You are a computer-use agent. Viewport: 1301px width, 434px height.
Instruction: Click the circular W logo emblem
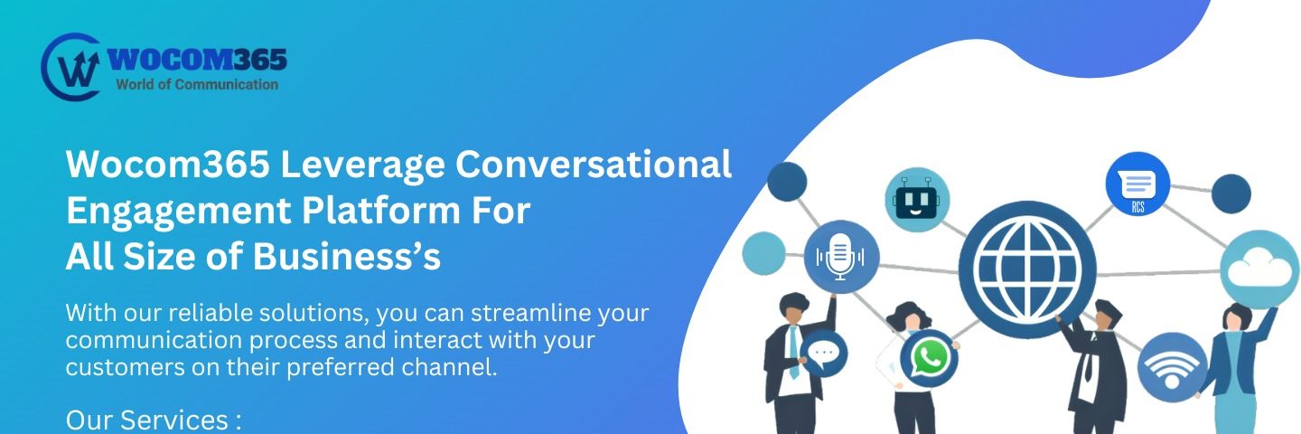pyautogui.click(x=70, y=67)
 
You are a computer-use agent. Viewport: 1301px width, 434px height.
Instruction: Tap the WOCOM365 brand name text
pyautogui.click(x=198, y=60)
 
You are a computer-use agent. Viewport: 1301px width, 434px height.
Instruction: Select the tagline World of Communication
pyautogui.click(x=197, y=85)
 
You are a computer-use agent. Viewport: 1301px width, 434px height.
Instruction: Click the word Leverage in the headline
pyautogui.click(x=362, y=165)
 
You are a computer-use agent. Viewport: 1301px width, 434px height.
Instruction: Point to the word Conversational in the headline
pyautogui.click(x=593, y=164)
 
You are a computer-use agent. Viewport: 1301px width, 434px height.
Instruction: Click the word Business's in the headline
pyautogui.click(x=346, y=256)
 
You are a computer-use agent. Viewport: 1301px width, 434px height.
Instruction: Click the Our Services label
pyautogui.click(x=154, y=420)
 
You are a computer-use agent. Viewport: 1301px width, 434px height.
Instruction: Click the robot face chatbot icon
pyautogui.click(x=916, y=199)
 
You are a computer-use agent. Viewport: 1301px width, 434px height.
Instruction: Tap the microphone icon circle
pyautogui.click(x=841, y=256)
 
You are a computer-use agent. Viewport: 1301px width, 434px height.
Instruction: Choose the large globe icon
pyautogui.click(x=1027, y=269)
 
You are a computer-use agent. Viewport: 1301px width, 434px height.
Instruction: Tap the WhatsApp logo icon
pyautogui.click(x=929, y=358)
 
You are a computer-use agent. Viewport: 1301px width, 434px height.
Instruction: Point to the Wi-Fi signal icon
pyautogui.click(x=1172, y=367)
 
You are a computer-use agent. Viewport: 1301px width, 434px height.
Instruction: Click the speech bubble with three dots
pyautogui.click(x=824, y=354)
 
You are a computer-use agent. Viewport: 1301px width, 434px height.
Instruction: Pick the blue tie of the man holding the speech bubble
pyautogui.click(x=793, y=352)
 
